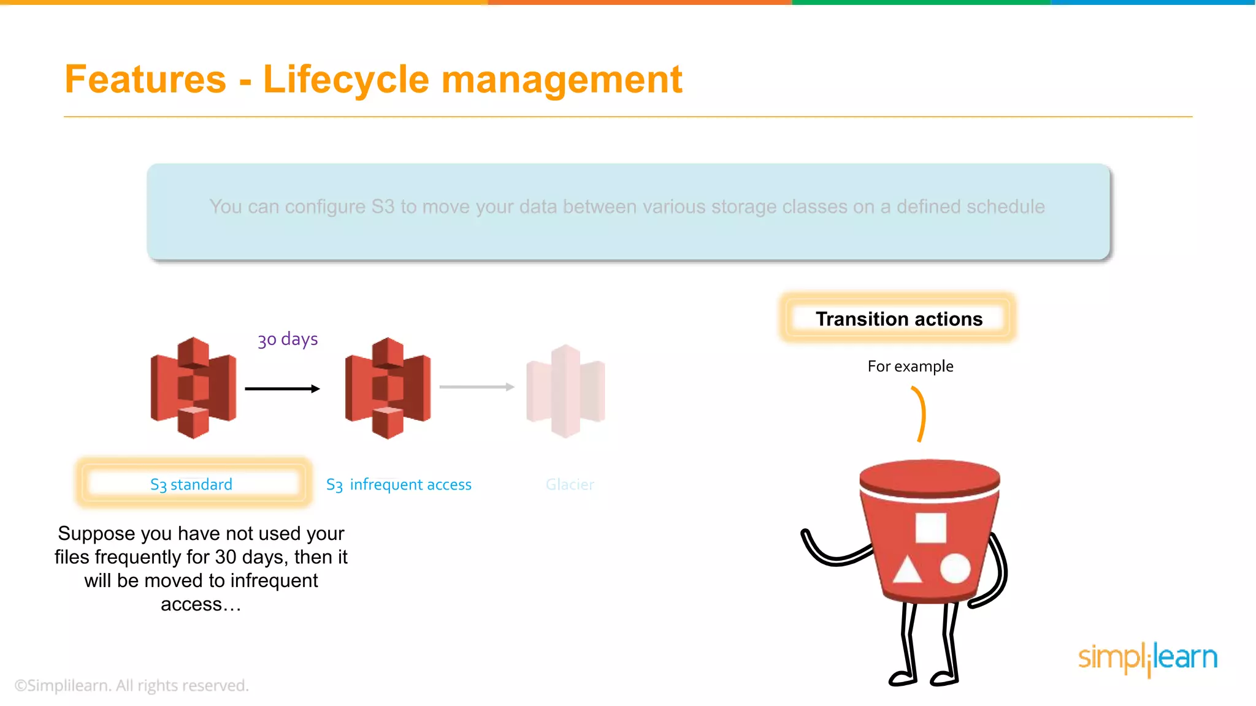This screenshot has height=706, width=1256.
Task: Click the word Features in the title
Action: (145, 80)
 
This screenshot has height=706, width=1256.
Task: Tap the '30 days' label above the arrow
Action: (288, 339)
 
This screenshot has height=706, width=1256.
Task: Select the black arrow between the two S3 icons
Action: (282, 389)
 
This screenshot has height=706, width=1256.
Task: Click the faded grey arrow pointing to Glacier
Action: (477, 387)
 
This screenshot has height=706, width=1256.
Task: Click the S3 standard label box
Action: (192, 484)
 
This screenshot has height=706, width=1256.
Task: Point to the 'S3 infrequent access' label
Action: (399, 485)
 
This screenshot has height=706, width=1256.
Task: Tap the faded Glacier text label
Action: (570, 485)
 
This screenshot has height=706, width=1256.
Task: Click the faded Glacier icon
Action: (565, 391)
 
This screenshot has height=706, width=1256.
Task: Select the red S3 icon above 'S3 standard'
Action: (193, 387)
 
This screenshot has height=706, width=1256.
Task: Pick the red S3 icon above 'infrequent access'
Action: (388, 387)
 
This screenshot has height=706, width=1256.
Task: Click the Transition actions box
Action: (898, 319)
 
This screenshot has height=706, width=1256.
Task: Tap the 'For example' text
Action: (910, 366)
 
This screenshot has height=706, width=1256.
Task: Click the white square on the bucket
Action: (930, 528)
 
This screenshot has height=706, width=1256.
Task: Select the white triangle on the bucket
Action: (907, 570)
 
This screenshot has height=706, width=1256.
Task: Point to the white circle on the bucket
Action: (955, 569)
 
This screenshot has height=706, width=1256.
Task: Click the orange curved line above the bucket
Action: (921, 414)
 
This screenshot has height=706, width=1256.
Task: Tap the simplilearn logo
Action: (1147, 658)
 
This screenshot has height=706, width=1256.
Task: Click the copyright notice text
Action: (132, 685)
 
